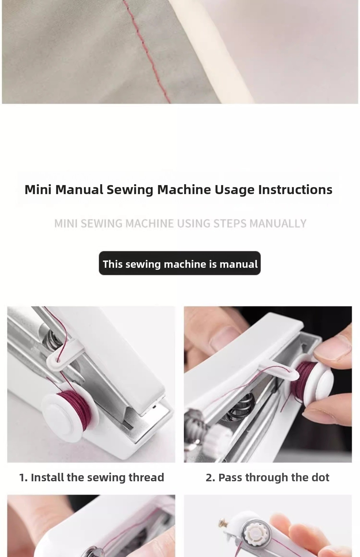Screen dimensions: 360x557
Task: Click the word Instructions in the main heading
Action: pyautogui.click(x=295, y=190)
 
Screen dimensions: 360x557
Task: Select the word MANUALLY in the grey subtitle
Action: pyautogui.click(x=278, y=223)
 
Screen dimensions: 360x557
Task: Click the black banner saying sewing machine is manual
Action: pyautogui.click(x=180, y=263)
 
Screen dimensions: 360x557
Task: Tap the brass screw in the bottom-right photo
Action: pyautogui.click(x=222, y=524)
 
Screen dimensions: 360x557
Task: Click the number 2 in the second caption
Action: pyautogui.click(x=209, y=478)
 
